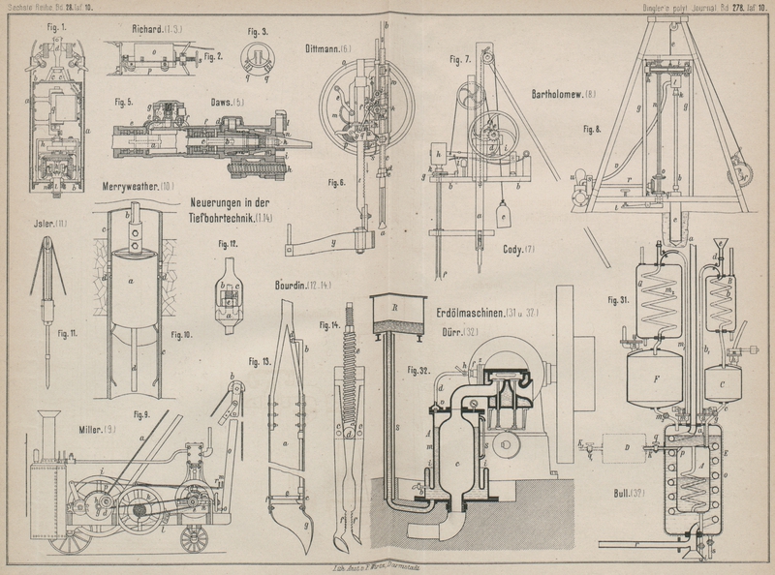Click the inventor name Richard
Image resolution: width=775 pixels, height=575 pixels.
(x=150, y=30)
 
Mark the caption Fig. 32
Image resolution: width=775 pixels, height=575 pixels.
(x=418, y=370)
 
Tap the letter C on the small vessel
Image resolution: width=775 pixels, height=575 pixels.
(x=722, y=383)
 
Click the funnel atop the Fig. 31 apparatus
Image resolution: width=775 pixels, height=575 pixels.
(x=720, y=246)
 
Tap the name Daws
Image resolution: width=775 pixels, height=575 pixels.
(x=229, y=102)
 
